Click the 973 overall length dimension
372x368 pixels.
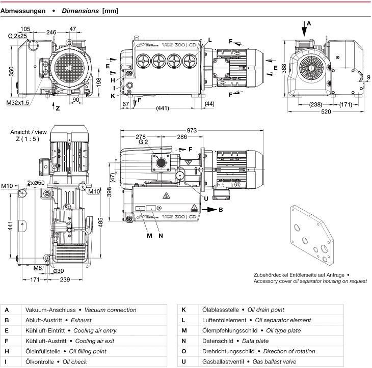[192, 130]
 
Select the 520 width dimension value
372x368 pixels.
[326, 111]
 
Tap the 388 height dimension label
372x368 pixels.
[284, 69]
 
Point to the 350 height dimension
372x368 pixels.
[11, 71]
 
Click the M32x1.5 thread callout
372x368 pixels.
[17, 103]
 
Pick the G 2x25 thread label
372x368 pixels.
[17, 36]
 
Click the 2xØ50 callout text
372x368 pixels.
[36, 183]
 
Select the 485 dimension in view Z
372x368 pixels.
[100, 222]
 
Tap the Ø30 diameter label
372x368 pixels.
[59, 271]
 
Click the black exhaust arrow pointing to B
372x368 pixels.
[209, 210]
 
